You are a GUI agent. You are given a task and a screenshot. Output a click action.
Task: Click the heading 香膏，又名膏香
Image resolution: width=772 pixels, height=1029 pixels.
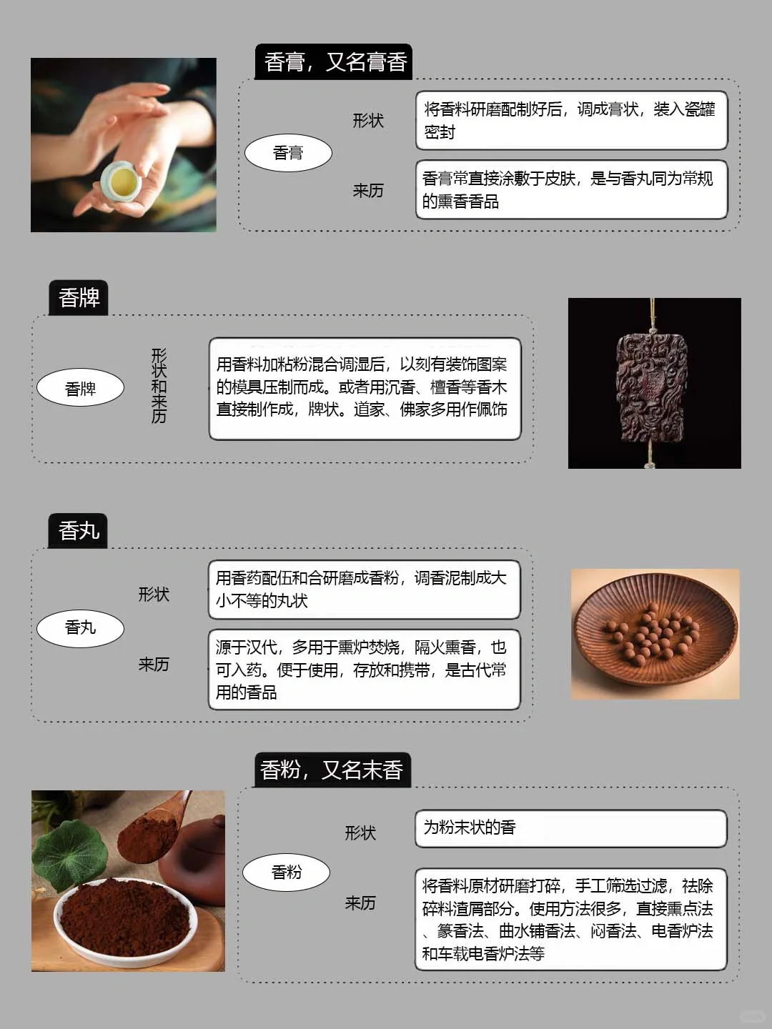click(x=334, y=62)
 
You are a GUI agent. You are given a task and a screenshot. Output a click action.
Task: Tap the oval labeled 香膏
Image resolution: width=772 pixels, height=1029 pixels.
click(x=288, y=153)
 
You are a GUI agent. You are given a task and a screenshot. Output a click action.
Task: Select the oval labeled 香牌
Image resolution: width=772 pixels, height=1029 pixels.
click(x=80, y=389)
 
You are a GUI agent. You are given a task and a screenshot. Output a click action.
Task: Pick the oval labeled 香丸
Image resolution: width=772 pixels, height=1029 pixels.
click(x=80, y=627)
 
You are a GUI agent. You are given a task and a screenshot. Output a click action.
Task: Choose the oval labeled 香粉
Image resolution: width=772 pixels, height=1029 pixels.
click(x=286, y=872)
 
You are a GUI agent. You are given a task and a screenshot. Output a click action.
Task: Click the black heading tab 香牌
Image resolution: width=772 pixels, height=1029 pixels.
click(x=79, y=297)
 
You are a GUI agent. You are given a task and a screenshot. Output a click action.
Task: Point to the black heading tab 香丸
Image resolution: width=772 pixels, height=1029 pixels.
click(x=78, y=531)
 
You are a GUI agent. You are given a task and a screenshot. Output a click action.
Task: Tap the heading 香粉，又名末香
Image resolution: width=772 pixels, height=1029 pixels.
click(x=332, y=770)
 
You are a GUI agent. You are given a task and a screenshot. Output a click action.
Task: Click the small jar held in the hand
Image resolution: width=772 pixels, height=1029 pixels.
click(x=121, y=185)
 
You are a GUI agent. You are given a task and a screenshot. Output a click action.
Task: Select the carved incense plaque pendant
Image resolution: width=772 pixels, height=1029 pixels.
click(x=652, y=386)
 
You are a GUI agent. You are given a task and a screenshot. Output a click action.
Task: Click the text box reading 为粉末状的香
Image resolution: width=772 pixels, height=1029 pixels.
click(x=570, y=828)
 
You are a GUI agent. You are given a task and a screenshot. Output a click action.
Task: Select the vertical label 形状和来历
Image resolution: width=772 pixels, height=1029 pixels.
click(x=159, y=386)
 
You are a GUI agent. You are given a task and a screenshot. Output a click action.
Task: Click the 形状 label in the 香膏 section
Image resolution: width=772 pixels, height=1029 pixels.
click(x=368, y=121)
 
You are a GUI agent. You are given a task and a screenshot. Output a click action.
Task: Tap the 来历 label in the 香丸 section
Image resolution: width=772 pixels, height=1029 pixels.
click(x=154, y=665)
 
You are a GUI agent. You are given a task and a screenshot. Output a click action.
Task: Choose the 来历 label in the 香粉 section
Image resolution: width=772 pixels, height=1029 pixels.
click(x=360, y=903)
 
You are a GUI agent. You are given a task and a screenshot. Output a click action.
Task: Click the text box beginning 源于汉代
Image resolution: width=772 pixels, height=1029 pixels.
click(x=364, y=670)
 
